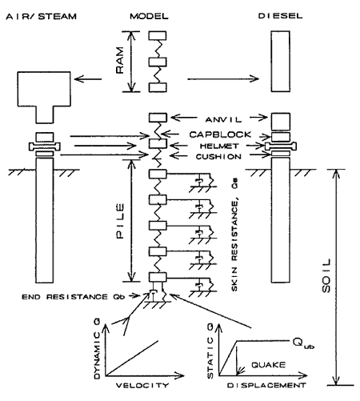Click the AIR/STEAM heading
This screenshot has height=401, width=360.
pyautogui.click(x=42, y=17)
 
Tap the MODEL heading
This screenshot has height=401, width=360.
pyautogui.click(x=149, y=16)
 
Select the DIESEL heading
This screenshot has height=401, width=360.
pyautogui.click(x=280, y=16)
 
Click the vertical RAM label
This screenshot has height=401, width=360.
pyautogui.click(x=120, y=61)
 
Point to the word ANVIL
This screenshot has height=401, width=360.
pyautogui.click(x=223, y=119)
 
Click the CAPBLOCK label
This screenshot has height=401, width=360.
pyautogui.click(x=220, y=134)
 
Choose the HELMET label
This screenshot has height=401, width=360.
pyautogui.click(x=219, y=146)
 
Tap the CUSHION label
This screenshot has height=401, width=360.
pyautogui.click(x=218, y=157)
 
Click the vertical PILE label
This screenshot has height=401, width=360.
pyautogui.click(x=120, y=221)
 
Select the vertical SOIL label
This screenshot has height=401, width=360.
pyautogui.click(x=326, y=275)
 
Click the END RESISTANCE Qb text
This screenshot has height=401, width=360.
pyautogui.click(x=74, y=297)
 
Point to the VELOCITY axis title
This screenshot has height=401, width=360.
pyautogui.click(x=142, y=385)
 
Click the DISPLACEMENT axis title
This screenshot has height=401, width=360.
pyautogui.click(x=266, y=385)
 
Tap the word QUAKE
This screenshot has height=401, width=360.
pyautogui.click(x=268, y=365)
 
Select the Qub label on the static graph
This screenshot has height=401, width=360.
pyautogui.click(x=303, y=343)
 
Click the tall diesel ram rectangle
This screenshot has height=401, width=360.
pyautogui.click(x=281, y=62)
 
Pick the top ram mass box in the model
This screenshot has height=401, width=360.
pyautogui.click(x=158, y=36)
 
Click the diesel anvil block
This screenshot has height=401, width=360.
pyautogui.click(x=281, y=122)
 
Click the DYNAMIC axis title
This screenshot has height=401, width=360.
pyautogui.click(x=97, y=349)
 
